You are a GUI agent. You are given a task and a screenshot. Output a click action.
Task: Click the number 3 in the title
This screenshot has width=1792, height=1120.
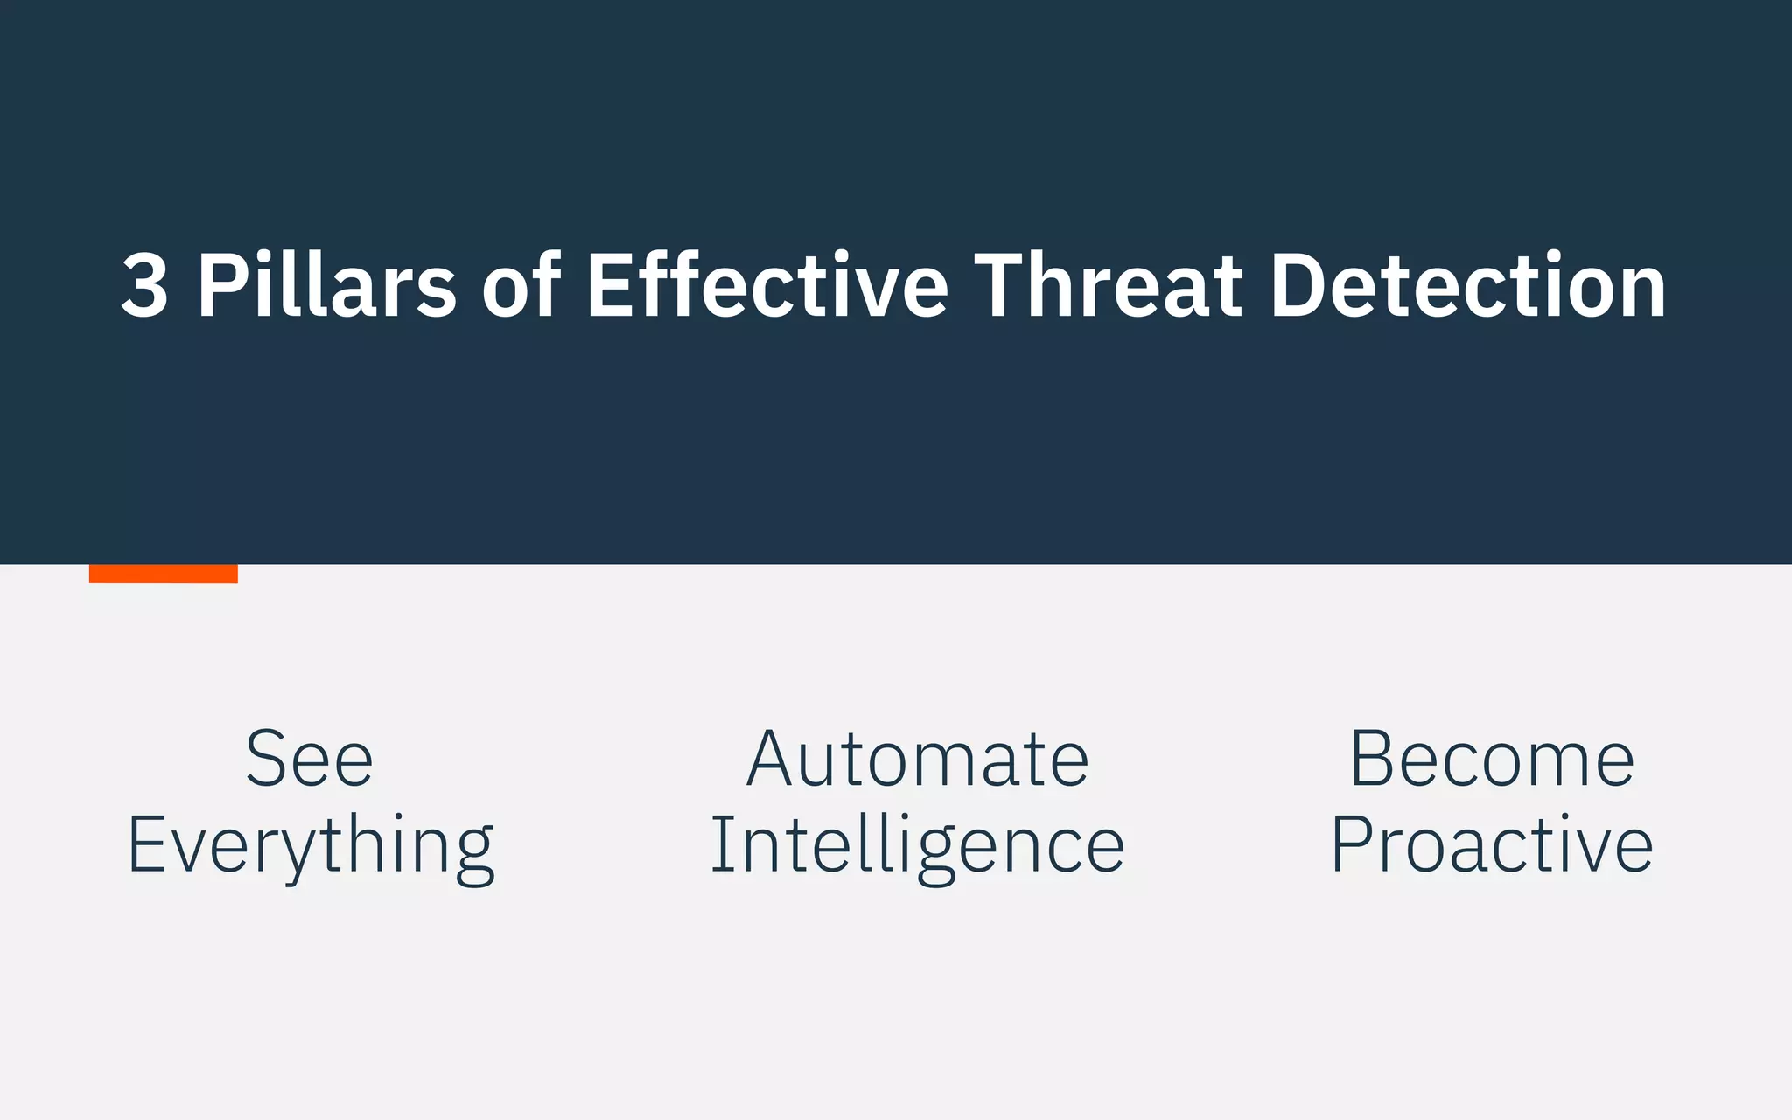pyautogui.click(x=145, y=285)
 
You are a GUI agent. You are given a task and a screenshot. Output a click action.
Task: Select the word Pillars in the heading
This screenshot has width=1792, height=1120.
pyautogui.click(x=326, y=285)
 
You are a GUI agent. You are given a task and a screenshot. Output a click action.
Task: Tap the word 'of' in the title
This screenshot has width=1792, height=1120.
pyautogui.click(x=521, y=285)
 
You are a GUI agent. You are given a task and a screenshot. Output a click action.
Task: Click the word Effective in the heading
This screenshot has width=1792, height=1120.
pyautogui.click(x=767, y=285)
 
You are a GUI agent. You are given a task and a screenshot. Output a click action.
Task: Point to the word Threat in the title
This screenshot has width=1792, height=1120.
pyautogui.click(x=1108, y=285)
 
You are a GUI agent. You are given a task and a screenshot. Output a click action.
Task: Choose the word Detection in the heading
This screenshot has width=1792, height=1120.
pyautogui.click(x=1467, y=285)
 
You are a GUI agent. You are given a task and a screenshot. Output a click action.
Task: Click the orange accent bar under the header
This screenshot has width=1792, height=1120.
pyautogui.click(x=164, y=574)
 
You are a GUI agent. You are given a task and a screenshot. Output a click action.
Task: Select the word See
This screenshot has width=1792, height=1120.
pyautogui.click(x=310, y=759)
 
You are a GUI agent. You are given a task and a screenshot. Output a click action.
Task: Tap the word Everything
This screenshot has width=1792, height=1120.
pyautogui.click(x=311, y=845)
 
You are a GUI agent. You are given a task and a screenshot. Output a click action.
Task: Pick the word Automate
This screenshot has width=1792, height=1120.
pyautogui.click(x=918, y=759)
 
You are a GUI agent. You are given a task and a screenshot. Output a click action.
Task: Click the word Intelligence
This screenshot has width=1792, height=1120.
pyautogui.click(x=917, y=845)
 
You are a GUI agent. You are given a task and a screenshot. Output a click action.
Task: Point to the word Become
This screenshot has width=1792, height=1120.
pyautogui.click(x=1492, y=759)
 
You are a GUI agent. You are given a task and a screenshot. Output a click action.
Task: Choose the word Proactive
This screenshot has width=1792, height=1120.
pyautogui.click(x=1492, y=845)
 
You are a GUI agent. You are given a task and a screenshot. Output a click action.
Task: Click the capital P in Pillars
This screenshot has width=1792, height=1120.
pyautogui.click(x=218, y=285)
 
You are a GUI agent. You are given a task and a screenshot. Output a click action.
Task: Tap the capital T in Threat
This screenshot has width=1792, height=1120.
pyautogui.click(x=1003, y=285)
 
